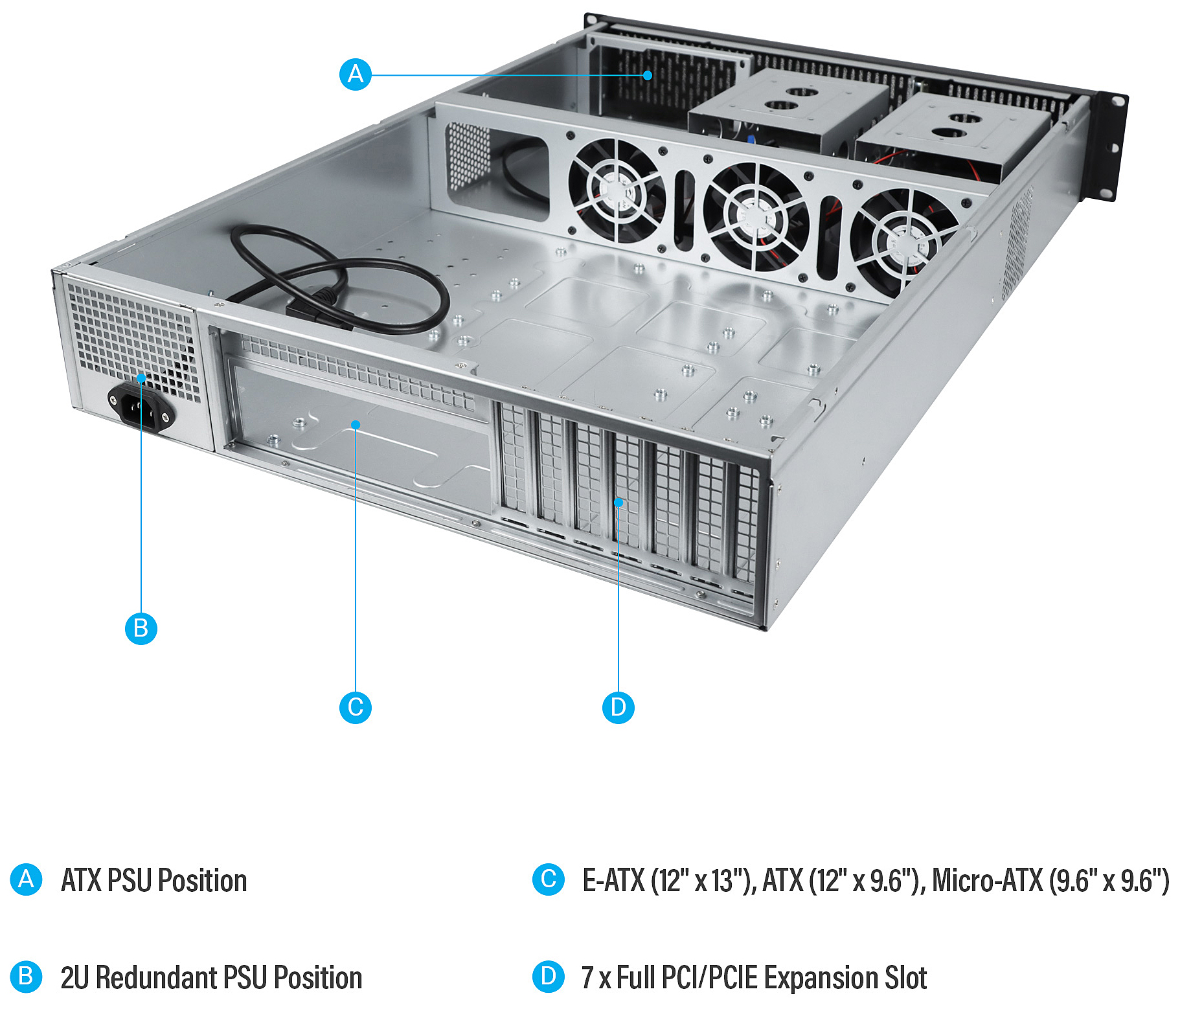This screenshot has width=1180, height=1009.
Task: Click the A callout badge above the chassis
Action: click(356, 74)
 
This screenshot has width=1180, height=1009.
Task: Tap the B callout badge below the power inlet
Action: click(141, 628)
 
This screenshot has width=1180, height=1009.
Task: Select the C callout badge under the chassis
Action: click(356, 707)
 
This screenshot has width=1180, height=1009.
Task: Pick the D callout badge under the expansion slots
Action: click(618, 707)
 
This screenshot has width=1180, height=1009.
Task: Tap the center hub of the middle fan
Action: click(755, 218)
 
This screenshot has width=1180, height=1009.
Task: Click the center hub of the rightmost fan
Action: click(905, 244)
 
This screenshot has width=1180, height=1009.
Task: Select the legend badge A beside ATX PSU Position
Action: click(27, 879)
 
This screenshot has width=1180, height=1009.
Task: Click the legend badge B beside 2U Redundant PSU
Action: click(27, 977)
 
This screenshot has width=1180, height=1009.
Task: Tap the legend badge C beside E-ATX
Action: click(549, 879)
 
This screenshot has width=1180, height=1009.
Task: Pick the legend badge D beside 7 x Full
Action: click(549, 977)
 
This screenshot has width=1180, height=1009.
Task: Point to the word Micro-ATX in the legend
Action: click(987, 880)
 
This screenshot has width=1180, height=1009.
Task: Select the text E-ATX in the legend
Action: click(613, 880)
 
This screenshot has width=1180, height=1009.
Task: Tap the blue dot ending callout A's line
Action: click(648, 75)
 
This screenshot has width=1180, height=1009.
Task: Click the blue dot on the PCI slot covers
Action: click(618, 503)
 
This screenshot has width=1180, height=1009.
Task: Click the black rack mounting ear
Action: click(1111, 146)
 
